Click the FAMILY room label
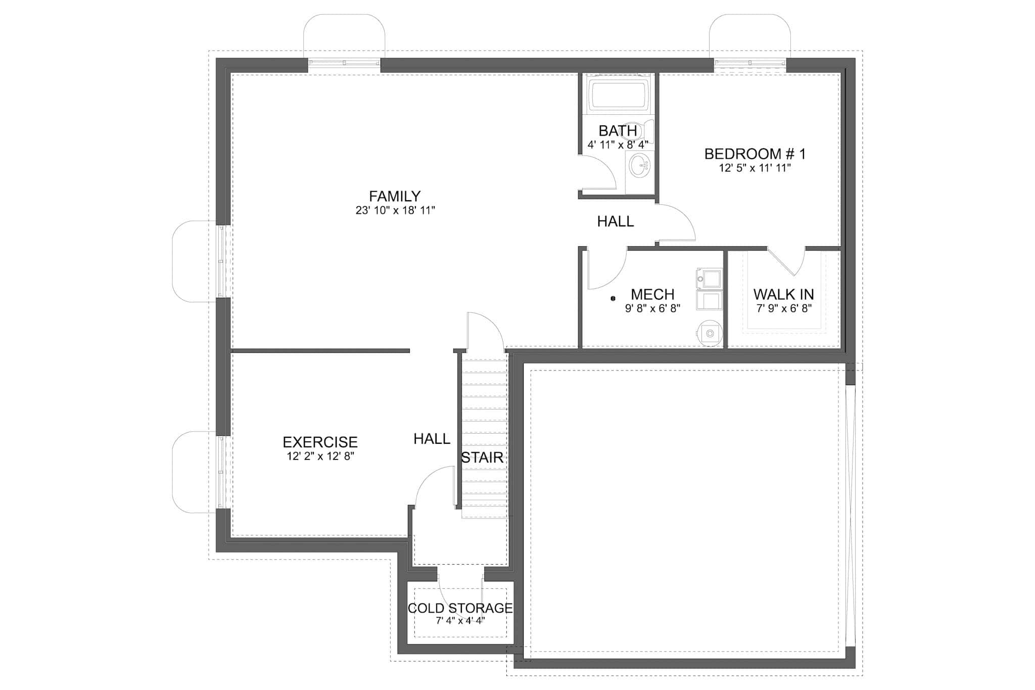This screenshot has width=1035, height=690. click(x=395, y=196)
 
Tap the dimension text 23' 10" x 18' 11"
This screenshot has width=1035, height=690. click(x=395, y=210)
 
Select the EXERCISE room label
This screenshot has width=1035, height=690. click(x=320, y=442)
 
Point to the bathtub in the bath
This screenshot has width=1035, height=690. click(x=619, y=96)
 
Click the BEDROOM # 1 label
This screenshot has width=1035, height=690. click(x=755, y=154)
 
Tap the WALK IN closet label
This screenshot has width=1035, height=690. click(x=783, y=294)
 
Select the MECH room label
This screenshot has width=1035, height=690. click(x=652, y=294)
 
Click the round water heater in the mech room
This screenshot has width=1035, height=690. click(x=709, y=334)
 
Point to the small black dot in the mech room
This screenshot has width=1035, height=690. click(x=613, y=299)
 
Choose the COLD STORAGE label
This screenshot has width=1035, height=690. click(x=460, y=608)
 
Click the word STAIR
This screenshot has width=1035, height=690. click(x=482, y=457)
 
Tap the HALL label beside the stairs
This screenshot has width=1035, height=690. click(x=432, y=439)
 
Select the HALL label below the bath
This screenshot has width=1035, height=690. click(x=615, y=221)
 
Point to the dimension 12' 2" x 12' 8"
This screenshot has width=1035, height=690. click(x=320, y=456)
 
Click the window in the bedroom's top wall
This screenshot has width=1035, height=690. click(x=750, y=63)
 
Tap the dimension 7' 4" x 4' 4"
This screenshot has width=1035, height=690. click(x=460, y=621)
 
